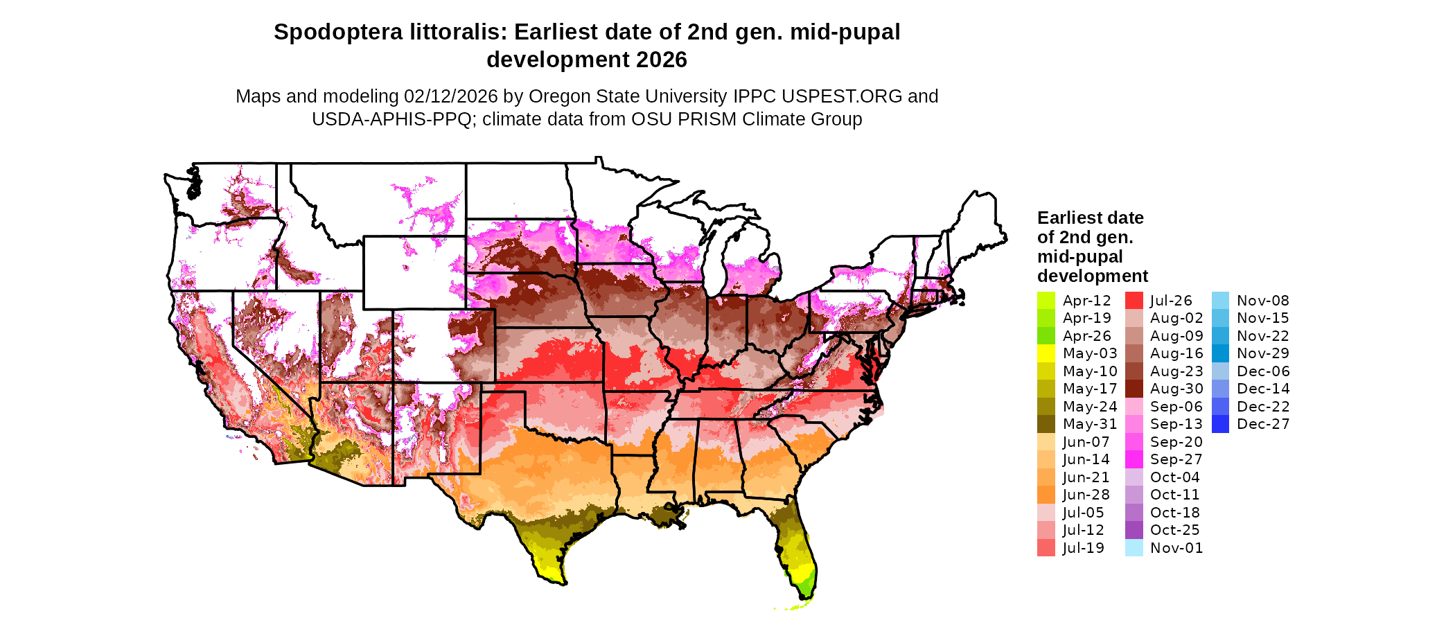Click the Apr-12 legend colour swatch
(1046, 301)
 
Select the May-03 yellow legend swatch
(1046, 353)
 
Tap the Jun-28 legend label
(1086, 495)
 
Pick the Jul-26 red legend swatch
(1134, 301)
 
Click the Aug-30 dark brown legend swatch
(1134, 389)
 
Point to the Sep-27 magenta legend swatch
(1134, 459)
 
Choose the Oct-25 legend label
(1174, 530)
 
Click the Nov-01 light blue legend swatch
(1134, 548)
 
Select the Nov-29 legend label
(1262, 353)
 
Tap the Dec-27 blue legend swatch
(1220, 424)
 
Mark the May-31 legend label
(1090, 424)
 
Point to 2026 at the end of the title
(662, 60)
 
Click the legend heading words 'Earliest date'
(1090, 218)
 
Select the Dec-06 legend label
(1262, 371)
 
